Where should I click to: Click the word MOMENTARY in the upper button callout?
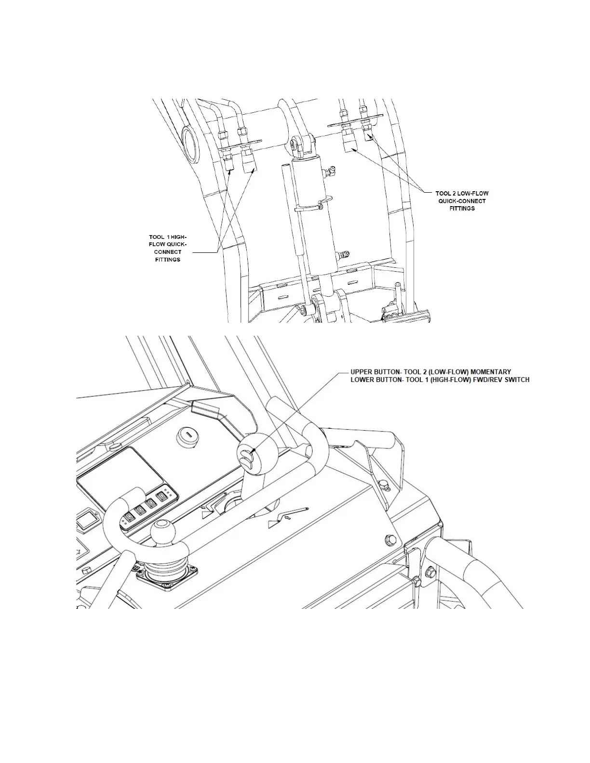[x=491, y=372]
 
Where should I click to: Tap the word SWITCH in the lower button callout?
[x=516, y=380]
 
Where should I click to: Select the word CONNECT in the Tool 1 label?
[x=168, y=252]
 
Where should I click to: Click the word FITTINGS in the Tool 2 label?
[x=462, y=209]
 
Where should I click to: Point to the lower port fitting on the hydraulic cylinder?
[x=345, y=254]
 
